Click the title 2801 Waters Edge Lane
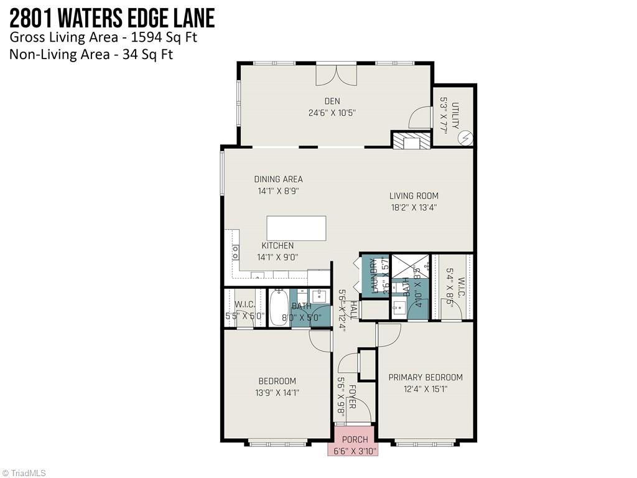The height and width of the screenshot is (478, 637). [x=112, y=17]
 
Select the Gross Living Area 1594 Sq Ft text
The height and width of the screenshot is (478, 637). [x=103, y=37]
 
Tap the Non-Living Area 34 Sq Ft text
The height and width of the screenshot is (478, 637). [x=91, y=54]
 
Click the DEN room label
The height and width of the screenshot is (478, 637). [x=332, y=101]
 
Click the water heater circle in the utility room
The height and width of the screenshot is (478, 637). [x=465, y=137]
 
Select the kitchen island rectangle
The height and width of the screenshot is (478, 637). [x=296, y=228]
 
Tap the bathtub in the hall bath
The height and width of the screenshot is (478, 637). [x=279, y=307]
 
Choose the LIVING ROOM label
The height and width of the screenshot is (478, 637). [x=414, y=196]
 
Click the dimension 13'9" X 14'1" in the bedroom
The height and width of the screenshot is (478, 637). [x=277, y=393]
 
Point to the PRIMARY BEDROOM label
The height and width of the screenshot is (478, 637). [x=425, y=377]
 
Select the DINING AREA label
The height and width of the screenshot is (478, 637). [x=278, y=179]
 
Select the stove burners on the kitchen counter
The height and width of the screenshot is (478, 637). [x=236, y=251]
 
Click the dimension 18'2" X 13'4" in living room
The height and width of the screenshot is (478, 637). [x=414, y=208]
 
